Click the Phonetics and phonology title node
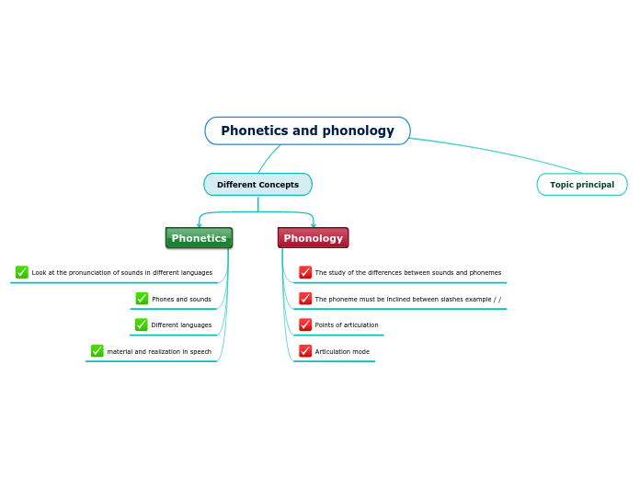click(x=307, y=131)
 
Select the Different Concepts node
click(x=257, y=185)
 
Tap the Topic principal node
click(x=581, y=185)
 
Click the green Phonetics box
click(x=199, y=238)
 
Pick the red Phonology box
click(x=313, y=238)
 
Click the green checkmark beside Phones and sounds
click(x=142, y=299)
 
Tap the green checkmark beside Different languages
click(x=142, y=324)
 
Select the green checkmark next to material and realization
click(x=97, y=351)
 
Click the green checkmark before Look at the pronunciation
click(x=22, y=272)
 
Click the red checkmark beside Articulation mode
click(x=305, y=351)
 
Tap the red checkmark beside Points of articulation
click(x=305, y=324)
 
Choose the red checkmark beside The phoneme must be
click(x=305, y=299)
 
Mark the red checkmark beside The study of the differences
click(x=305, y=272)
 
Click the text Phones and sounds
click(x=181, y=300)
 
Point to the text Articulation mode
click(x=342, y=352)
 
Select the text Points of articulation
click(x=347, y=325)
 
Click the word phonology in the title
click(x=362, y=131)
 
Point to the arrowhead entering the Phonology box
click(x=314, y=224)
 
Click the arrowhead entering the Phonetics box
click(x=199, y=224)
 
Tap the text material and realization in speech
click(x=159, y=352)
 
